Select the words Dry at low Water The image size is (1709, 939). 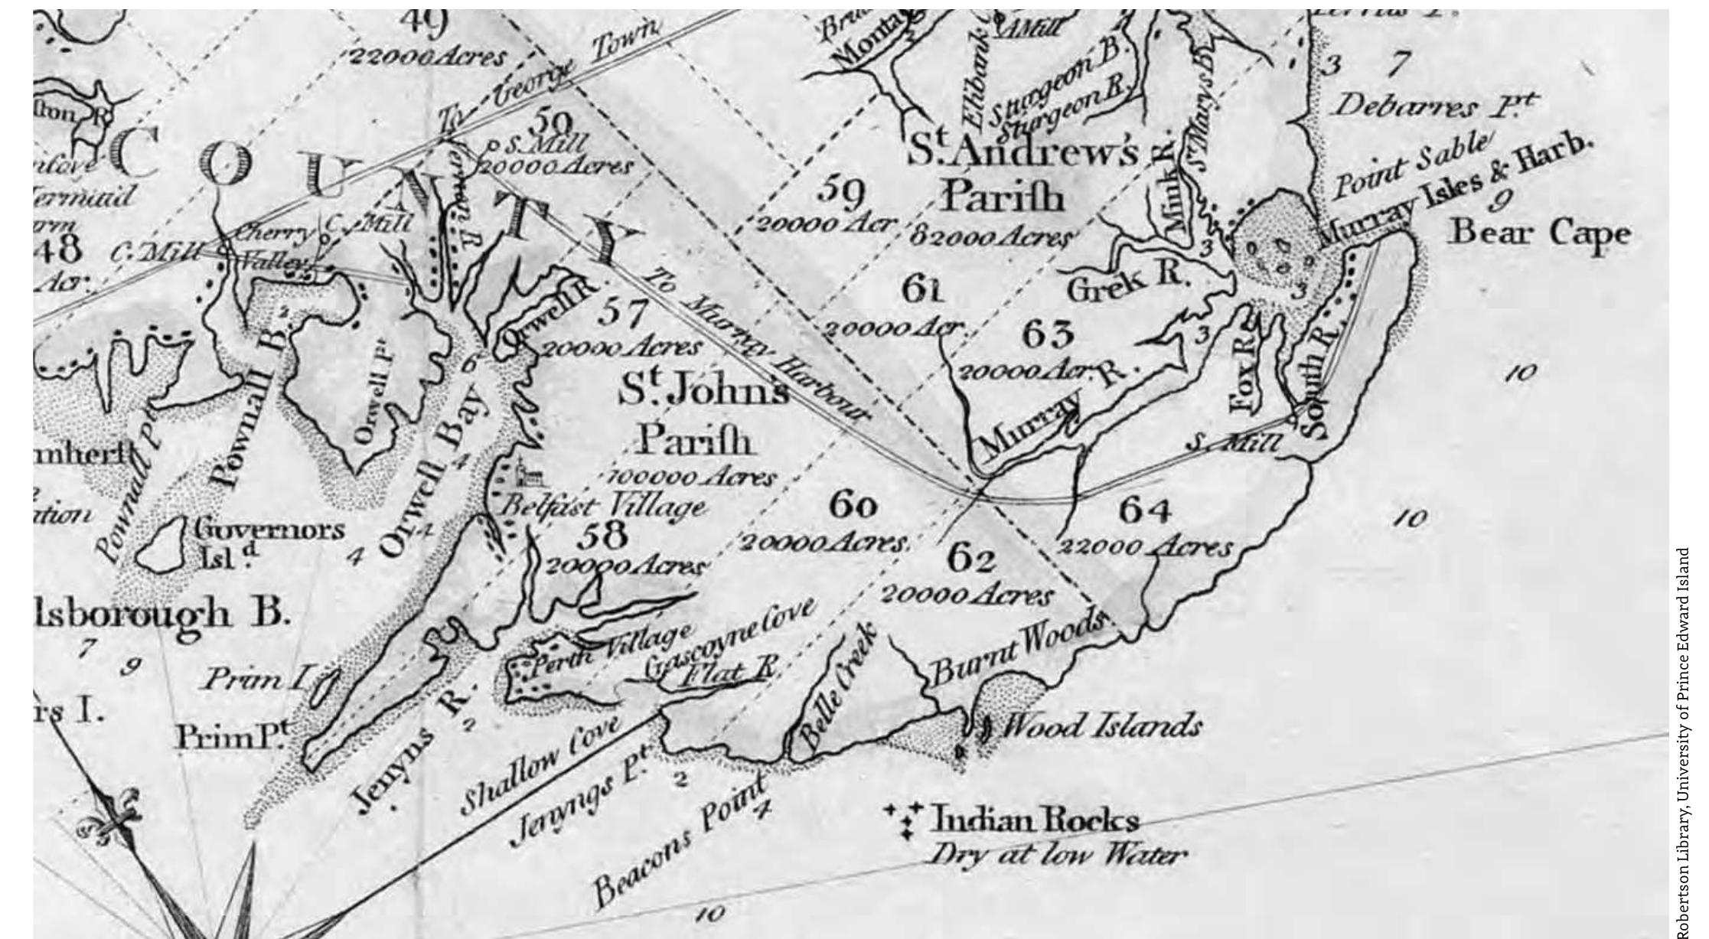click(x=1056, y=855)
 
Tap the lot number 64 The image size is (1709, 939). click(x=1145, y=511)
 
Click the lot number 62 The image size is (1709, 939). click(x=971, y=560)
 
